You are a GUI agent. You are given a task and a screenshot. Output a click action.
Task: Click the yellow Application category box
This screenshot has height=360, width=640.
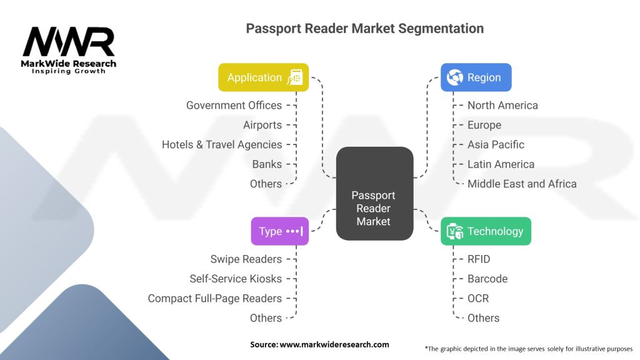(x=263, y=77)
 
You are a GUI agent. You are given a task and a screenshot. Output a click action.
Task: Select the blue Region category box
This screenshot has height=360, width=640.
(x=476, y=77)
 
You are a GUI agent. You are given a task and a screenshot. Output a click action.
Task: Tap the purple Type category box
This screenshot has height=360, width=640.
(x=279, y=231)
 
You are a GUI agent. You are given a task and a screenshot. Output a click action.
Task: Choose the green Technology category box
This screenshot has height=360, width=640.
(x=486, y=231)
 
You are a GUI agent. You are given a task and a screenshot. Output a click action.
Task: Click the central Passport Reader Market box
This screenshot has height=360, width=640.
(x=375, y=194)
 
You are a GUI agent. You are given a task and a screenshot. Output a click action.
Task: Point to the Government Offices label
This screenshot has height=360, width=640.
(x=234, y=105)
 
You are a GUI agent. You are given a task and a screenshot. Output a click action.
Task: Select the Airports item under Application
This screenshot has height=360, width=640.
(x=262, y=125)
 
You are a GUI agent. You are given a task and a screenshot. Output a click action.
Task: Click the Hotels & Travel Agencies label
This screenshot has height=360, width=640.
(x=222, y=144)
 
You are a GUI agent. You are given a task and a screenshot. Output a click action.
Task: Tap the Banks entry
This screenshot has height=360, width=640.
(x=267, y=164)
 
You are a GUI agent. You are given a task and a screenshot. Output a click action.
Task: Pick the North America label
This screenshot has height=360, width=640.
(x=502, y=105)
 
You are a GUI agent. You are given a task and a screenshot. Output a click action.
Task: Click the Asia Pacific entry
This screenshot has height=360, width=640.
(x=496, y=144)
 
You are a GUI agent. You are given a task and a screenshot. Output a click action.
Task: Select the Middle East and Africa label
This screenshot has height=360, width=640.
(x=522, y=184)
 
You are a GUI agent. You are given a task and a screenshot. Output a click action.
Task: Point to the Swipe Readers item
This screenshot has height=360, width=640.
(x=246, y=259)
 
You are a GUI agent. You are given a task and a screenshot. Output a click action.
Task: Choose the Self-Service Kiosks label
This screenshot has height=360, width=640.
(x=236, y=279)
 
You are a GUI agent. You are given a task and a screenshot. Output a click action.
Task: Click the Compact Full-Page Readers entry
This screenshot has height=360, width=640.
(x=215, y=298)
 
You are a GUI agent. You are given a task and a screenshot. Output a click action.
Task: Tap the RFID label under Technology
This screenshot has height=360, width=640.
(x=479, y=259)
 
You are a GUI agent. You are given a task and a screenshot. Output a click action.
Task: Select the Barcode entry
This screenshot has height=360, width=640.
(x=487, y=279)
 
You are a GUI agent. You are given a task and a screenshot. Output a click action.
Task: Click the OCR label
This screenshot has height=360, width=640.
(x=478, y=298)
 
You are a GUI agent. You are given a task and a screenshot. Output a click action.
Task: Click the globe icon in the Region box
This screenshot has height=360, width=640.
(x=455, y=77)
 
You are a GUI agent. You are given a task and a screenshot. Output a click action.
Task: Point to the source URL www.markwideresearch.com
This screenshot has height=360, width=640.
(x=334, y=344)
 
